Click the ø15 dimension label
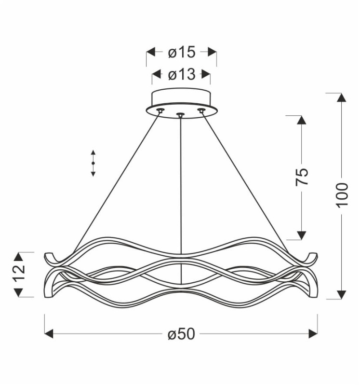(182, 52)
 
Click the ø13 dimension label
(182, 74)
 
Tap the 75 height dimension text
(302, 177)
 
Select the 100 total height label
(342, 195)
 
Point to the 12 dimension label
(19, 273)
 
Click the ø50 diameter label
(181, 334)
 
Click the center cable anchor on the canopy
(181, 114)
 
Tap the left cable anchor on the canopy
(160, 110)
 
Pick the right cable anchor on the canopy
(201, 110)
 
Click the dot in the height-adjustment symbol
(93, 163)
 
